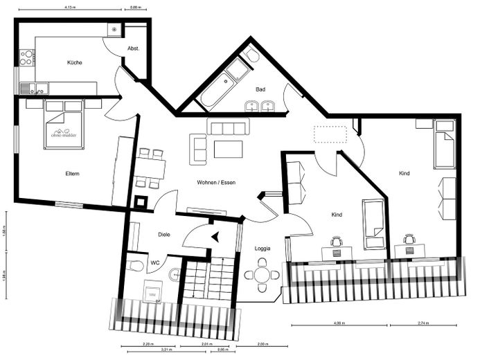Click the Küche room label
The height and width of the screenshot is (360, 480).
point(75,63)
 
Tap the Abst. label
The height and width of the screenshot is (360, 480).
point(134,48)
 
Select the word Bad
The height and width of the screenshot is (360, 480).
point(260,89)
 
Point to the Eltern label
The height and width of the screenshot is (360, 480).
point(72,173)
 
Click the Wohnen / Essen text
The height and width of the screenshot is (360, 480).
point(216,182)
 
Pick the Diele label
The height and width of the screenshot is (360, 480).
point(164,235)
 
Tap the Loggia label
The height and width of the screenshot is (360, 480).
point(263,248)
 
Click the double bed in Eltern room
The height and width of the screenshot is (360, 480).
point(64,124)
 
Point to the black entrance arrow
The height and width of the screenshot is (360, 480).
point(215,237)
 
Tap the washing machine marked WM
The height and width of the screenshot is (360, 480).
point(152,294)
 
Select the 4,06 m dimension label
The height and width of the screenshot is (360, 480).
point(339,323)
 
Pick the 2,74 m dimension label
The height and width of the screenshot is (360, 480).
point(423,323)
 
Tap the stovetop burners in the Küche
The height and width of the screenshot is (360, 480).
point(26,57)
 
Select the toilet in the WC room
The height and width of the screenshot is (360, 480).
point(136,265)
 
